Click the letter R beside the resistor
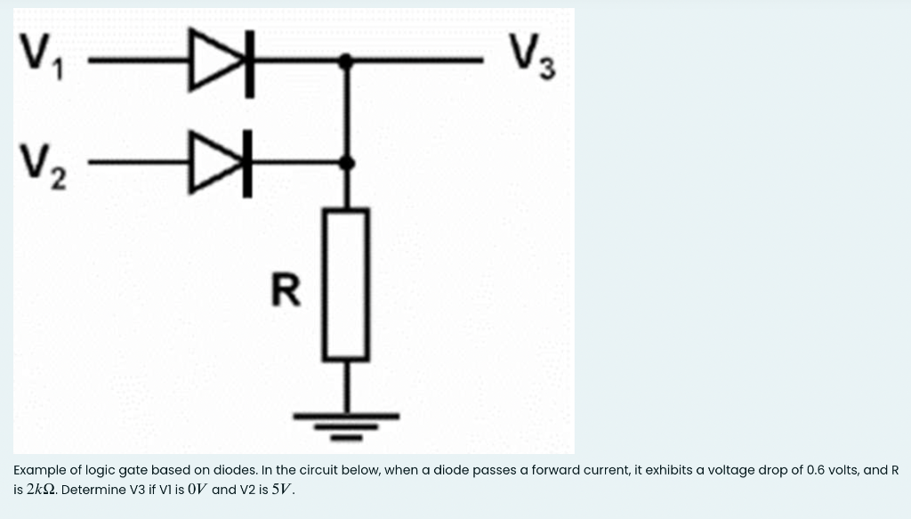tap(285, 290)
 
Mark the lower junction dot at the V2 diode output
tap(347, 162)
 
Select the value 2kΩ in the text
tap(42, 490)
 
